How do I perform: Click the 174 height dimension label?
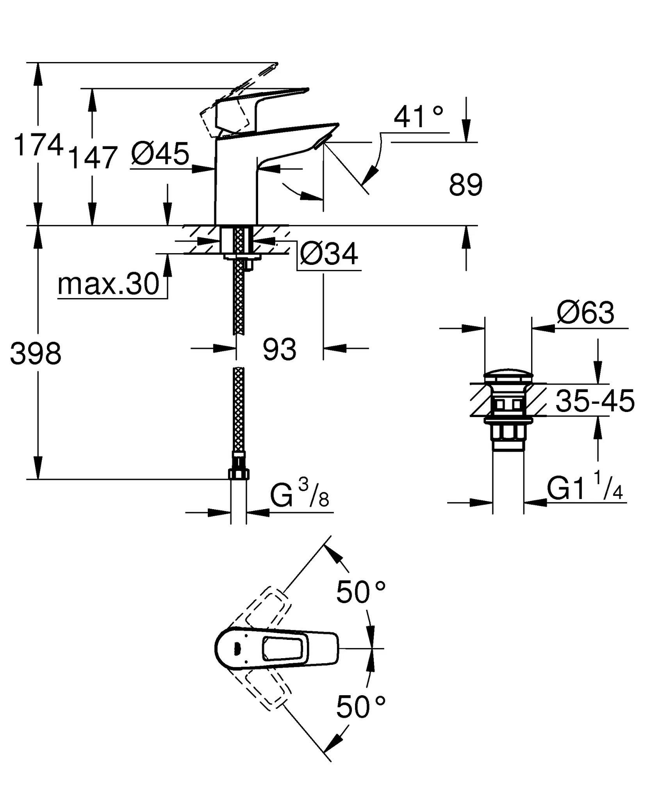pos(38,145)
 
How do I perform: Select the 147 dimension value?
pos(93,158)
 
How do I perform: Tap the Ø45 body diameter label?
pos(160,154)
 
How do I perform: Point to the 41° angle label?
pos(418,117)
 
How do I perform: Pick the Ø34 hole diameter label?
pos(329,254)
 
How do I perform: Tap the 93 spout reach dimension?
pos(279,350)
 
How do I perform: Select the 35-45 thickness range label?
pos(595,401)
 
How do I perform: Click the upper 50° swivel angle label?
pos(360,592)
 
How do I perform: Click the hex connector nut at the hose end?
pos(238,474)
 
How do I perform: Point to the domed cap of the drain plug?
pos(508,376)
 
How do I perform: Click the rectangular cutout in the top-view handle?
pos(282,648)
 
